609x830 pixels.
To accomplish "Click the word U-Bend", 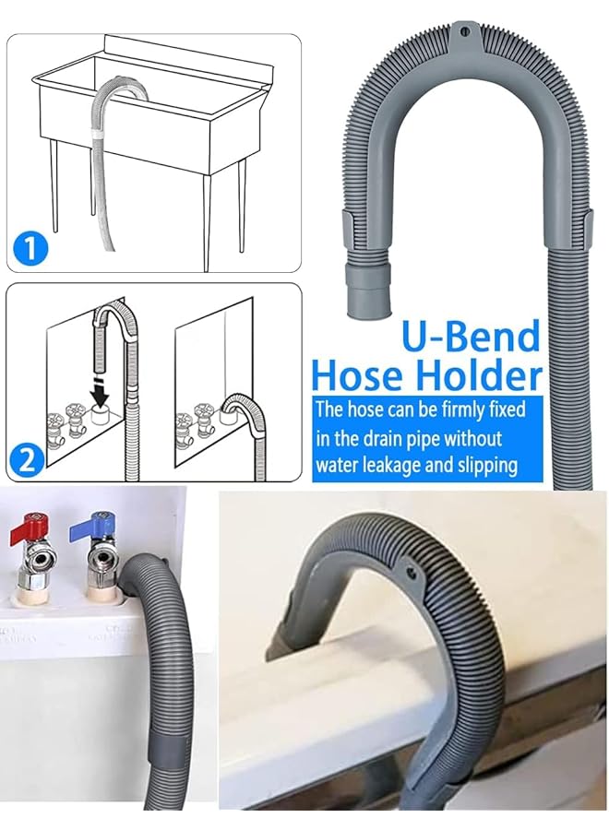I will click(471, 338).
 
